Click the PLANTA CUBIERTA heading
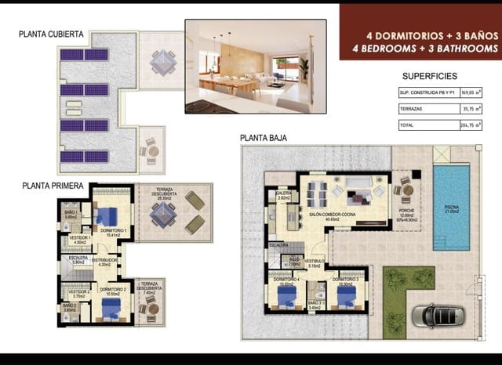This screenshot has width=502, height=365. [53, 34]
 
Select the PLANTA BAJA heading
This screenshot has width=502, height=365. [264, 138]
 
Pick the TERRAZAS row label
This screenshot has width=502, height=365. [411, 108]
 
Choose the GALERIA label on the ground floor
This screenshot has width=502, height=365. [284, 195]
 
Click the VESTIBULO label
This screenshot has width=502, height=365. [315, 262]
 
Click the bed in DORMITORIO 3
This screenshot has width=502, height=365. [346, 295]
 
